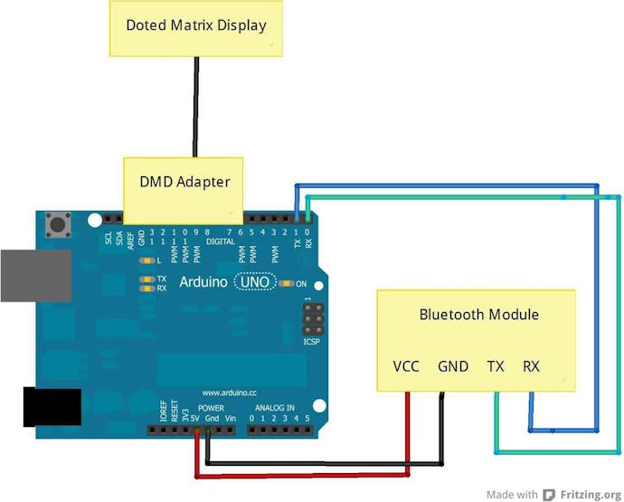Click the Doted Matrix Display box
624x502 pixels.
click(x=196, y=26)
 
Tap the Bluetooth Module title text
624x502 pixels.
click(x=478, y=315)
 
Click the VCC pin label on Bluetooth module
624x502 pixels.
click(x=406, y=366)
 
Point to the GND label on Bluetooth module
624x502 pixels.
click(x=453, y=366)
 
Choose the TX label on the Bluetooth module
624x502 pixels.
click(x=496, y=366)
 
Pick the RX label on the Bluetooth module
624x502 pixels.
click(x=531, y=366)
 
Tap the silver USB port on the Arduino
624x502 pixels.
click(x=36, y=275)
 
